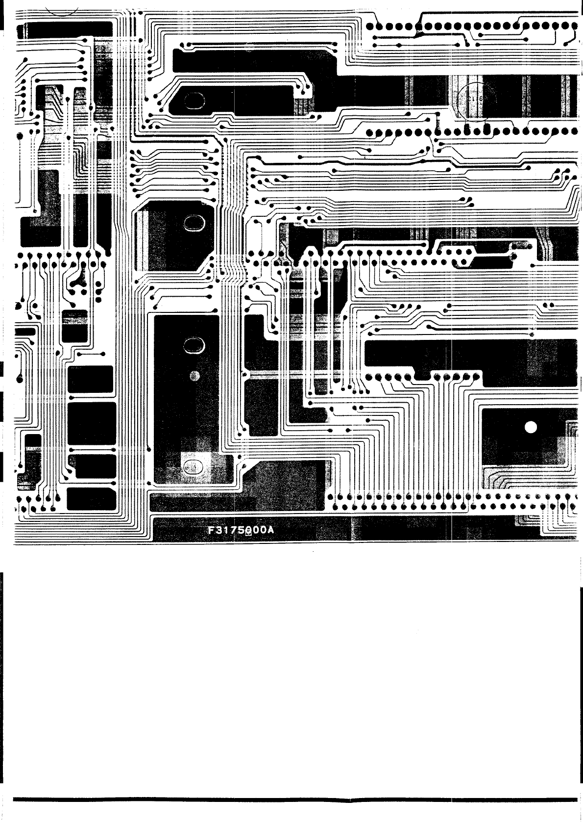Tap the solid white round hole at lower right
tap(531, 428)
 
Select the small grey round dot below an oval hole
tap(195, 376)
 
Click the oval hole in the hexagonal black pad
tap(194, 223)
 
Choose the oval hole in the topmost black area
tap(194, 101)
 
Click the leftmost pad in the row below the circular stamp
tap(370, 132)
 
